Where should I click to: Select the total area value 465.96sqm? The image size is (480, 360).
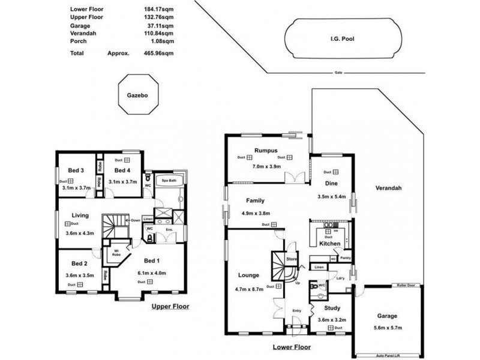(x=160, y=53)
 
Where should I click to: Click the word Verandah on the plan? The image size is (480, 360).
(x=388, y=188)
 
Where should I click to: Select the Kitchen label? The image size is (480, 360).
(x=330, y=244)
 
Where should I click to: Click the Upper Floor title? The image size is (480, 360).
(x=170, y=306)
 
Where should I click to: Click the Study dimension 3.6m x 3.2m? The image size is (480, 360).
(x=328, y=320)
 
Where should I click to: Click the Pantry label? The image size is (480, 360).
(x=345, y=258)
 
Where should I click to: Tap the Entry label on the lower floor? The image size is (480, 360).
(x=296, y=310)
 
